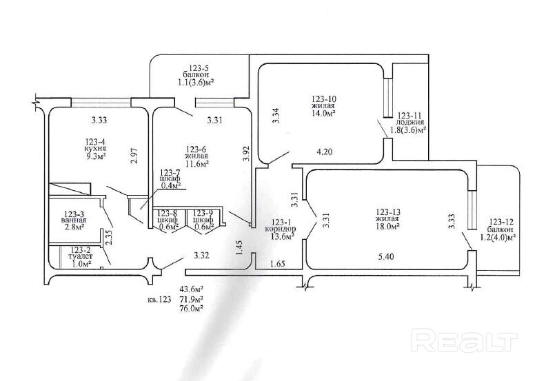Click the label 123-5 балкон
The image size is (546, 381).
pos(195,74)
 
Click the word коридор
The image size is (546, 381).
pos(280,229)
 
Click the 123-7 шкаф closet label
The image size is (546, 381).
pos(170,178)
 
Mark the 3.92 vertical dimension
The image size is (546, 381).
pos(246,153)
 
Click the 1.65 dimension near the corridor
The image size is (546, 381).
pos(277,263)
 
